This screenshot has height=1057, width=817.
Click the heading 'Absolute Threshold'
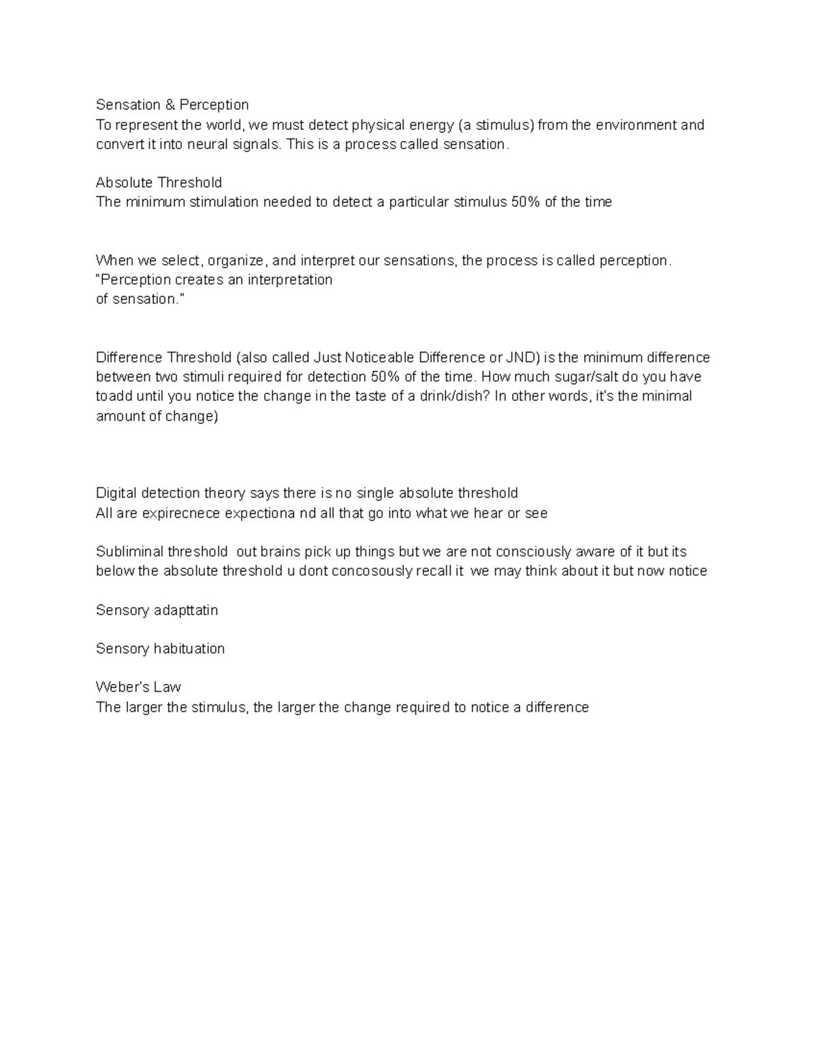click(159, 182)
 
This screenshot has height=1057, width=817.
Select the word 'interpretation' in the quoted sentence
click(289, 280)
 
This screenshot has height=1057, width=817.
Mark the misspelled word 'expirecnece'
click(181, 514)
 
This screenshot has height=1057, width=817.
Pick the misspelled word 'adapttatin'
click(186, 611)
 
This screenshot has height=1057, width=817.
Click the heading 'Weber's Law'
click(138, 687)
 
